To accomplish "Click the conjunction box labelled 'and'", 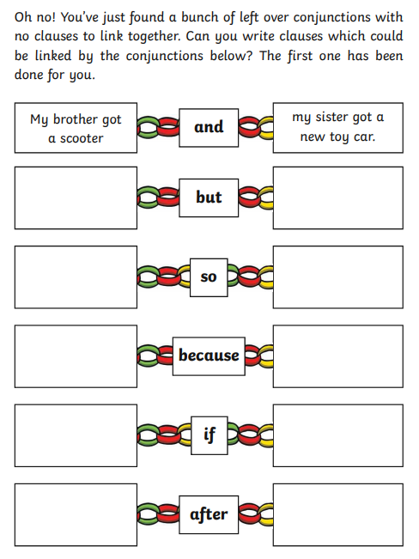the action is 209,128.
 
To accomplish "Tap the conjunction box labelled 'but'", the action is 209,197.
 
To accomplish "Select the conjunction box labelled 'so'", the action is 209,277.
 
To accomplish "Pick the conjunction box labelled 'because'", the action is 209,356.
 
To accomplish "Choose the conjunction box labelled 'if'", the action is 209,435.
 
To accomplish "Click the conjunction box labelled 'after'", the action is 209,514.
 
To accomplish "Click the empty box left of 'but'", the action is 76,197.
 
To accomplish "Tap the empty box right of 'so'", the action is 338,277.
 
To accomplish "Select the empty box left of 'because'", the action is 76,356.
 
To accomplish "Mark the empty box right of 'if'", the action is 338,435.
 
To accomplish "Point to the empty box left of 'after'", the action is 76,514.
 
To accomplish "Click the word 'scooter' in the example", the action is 82,138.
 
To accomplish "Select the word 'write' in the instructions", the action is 258,36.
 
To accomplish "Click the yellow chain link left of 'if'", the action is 185,435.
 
